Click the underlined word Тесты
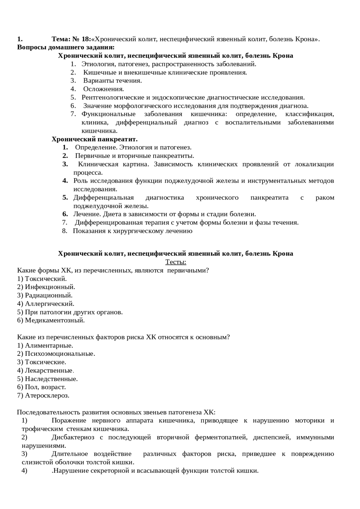175,262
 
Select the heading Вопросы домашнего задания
66,47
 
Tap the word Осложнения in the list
103,89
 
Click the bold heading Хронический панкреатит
94,139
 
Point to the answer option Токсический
46,279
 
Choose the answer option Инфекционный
50,287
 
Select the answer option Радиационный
49,295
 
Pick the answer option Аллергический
49,304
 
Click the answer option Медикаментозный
55,320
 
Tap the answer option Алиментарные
49,345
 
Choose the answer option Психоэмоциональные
60,354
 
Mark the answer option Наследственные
51,379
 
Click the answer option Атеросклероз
47,395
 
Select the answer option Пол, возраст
45,387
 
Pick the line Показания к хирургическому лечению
132,231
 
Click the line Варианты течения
112,81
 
